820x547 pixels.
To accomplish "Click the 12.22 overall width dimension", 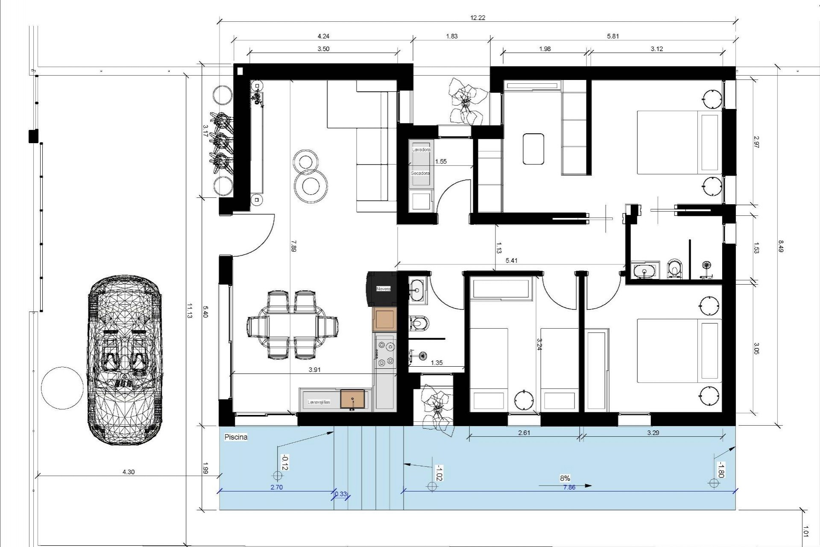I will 477,18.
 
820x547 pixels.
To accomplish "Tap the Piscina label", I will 236,437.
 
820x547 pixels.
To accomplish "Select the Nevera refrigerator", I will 383,289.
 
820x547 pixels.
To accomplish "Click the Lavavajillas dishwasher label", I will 319,402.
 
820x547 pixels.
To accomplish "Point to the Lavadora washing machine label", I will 421,150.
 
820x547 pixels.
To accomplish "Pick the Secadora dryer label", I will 420,174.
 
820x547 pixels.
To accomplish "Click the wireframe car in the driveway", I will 125,360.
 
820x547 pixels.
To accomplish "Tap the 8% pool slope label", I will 565,478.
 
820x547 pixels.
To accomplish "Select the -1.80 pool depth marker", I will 720,470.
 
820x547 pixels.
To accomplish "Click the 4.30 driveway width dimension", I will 129,472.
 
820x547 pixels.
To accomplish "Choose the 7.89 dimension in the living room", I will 293,246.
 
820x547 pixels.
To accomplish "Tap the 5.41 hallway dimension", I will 511,260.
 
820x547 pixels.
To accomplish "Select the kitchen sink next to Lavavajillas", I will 352,399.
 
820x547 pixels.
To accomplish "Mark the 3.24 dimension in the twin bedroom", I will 539,344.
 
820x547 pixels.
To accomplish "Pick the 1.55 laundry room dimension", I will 441,162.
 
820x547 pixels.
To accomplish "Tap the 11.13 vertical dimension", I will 189,311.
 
